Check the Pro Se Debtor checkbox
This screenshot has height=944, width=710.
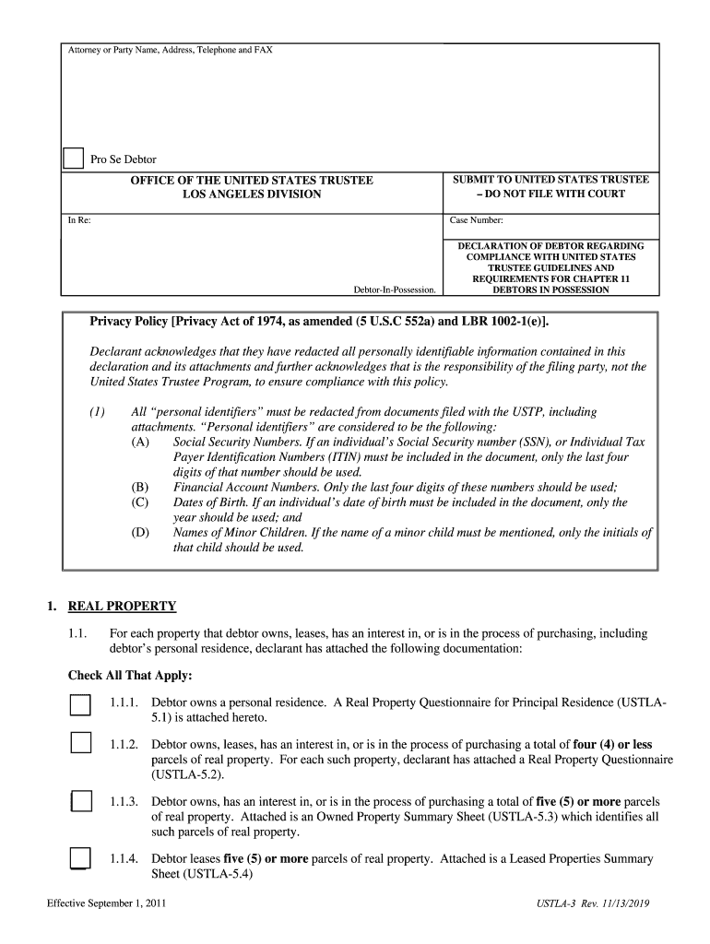coord(73,159)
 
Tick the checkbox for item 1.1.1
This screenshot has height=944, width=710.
coord(80,706)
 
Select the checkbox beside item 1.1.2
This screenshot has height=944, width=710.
coord(80,743)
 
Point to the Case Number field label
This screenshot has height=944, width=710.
coord(476,220)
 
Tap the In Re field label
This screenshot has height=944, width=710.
coord(79,220)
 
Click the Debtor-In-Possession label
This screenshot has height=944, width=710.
coord(395,289)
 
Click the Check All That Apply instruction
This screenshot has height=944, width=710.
coord(130,676)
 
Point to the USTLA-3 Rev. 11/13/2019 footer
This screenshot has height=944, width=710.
coord(593,904)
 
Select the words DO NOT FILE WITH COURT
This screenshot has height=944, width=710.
coord(555,194)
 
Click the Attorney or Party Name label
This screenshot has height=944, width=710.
coord(171,50)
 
